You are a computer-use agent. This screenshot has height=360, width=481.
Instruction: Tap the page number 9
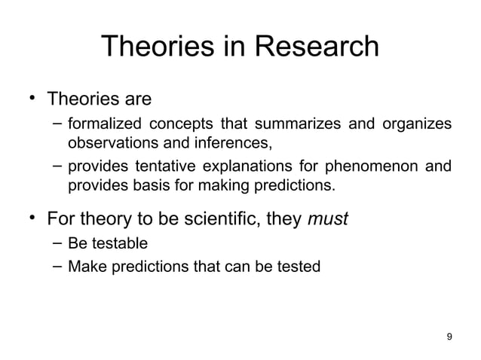(450, 336)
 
